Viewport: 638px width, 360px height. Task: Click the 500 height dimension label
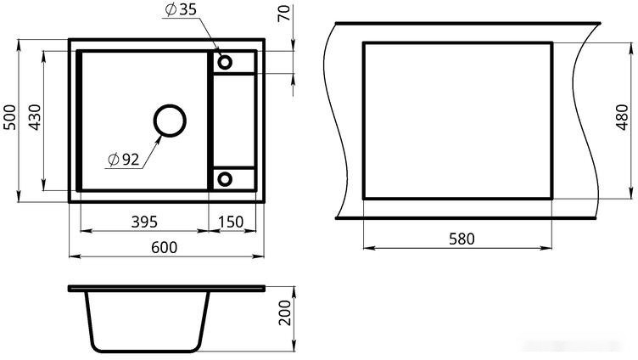tap(10, 117)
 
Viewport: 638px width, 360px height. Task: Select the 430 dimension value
tap(35, 117)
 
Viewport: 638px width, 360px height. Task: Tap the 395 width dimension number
tap(144, 222)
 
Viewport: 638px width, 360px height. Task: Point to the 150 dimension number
tap(231, 222)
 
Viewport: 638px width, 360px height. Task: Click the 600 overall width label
tap(165, 247)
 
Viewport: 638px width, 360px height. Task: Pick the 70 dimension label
tap(284, 13)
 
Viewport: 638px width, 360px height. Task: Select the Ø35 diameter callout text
tap(181, 9)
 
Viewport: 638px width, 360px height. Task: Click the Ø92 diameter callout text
tap(124, 160)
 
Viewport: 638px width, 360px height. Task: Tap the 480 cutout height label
tap(623, 117)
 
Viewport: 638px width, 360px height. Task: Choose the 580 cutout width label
tap(462, 239)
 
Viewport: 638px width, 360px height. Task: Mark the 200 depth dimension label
tap(285, 312)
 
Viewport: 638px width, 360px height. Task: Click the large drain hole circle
tap(170, 121)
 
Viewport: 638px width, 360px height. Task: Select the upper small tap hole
tap(225, 62)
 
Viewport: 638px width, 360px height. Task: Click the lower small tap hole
tap(225, 179)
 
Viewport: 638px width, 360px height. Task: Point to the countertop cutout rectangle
tap(362, 121)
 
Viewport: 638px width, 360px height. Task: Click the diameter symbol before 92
tap(114, 160)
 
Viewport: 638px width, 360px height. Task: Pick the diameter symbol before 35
tap(171, 10)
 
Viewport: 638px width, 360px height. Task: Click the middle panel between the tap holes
tap(234, 121)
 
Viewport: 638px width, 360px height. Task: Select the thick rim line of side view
tap(167, 289)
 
